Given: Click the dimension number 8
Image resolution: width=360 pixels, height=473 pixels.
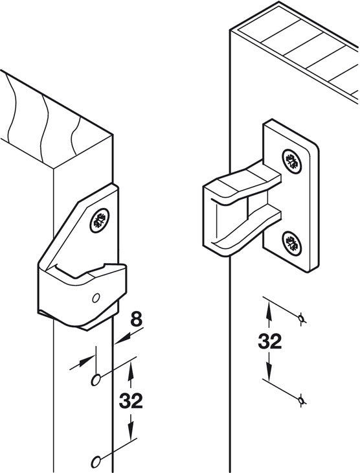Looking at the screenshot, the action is click(137, 319).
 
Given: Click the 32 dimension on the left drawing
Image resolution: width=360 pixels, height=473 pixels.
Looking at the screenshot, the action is click(131, 401).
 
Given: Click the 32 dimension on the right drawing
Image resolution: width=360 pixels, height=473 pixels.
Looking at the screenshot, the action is click(270, 341).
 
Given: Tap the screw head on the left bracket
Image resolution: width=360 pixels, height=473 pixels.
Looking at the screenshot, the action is click(100, 220).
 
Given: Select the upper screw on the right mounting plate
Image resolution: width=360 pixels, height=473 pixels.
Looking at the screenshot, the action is click(291, 161).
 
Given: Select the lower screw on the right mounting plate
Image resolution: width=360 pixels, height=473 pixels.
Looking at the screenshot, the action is click(291, 244).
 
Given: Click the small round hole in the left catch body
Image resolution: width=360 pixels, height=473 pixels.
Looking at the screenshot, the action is click(96, 298).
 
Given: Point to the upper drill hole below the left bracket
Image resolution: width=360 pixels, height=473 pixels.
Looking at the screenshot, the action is click(96, 380).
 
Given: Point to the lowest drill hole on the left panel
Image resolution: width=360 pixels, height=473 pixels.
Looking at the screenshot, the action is click(96, 462).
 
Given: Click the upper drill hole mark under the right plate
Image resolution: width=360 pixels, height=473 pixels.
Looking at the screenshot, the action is click(300, 318).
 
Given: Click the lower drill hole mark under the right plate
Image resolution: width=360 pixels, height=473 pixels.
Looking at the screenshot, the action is click(300, 400).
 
